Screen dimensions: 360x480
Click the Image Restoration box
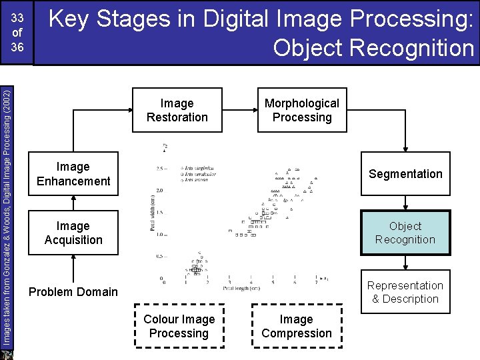pos(177,110)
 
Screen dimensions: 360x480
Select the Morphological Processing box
pos(302,110)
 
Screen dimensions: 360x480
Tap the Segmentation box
pos(405,174)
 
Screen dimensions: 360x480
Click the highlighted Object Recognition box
pos(405,233)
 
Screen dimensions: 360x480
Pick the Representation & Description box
pos(405,292)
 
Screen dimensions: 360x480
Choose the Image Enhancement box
pos(73,174)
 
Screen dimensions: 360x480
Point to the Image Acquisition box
pos(73,233)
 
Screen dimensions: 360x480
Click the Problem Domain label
pos(73,292)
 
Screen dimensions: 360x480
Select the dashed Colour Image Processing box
pos(179,326)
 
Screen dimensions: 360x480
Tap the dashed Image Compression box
pos(297,326)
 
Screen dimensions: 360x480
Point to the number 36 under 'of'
pos(17,48)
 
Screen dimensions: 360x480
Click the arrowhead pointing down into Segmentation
pos(405,149)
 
